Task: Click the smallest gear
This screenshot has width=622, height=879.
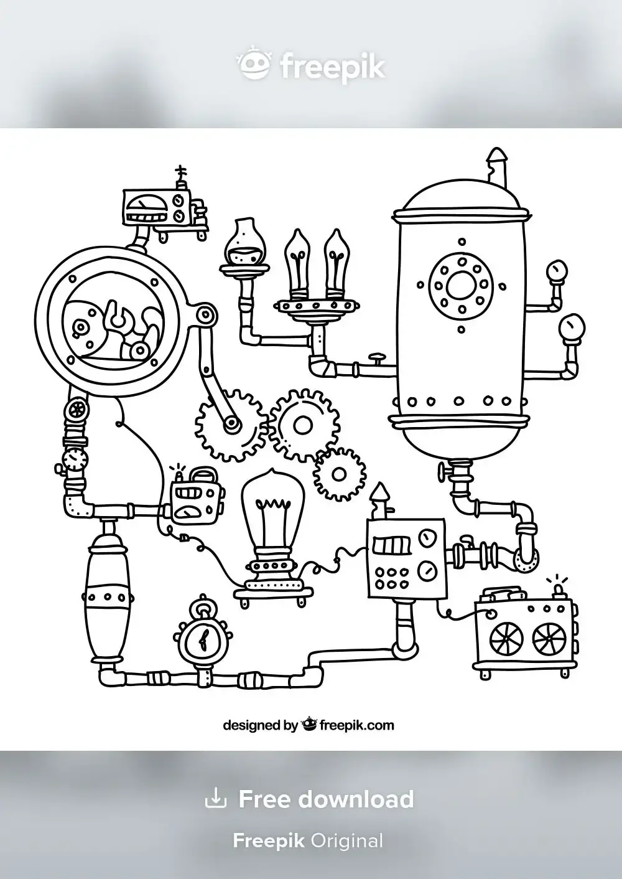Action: [339, 475]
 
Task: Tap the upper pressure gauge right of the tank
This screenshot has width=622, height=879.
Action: [555, 272]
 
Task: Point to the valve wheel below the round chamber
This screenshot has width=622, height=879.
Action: [77, 410]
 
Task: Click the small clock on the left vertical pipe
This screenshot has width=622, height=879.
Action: [75, 459]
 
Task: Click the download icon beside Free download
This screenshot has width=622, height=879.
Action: [215, 798]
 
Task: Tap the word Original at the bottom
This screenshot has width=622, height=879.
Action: [346, 841]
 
